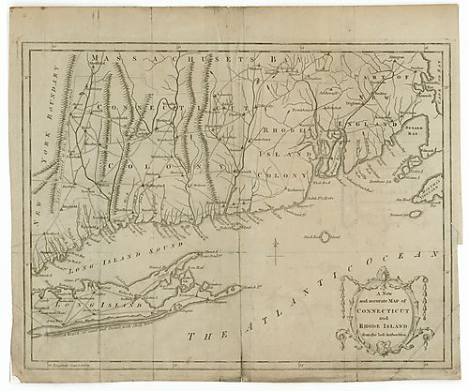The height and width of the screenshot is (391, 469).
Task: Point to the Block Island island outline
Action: [x=325, y=237]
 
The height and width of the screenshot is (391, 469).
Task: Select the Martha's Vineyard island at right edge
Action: [x=437, y=191]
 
